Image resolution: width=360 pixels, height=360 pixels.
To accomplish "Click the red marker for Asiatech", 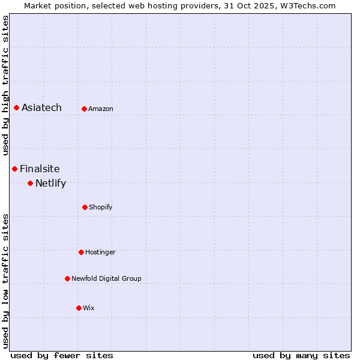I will pos(16,107).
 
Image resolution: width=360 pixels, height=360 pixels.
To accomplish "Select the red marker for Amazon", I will pos(84,109).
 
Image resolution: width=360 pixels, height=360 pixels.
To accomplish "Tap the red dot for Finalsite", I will pos(14,169).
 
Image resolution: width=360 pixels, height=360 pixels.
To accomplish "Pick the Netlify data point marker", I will pos(30,183).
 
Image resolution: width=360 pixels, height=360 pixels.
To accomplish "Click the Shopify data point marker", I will pos(85,207).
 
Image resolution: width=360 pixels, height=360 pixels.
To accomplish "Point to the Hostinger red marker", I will pos(81,252).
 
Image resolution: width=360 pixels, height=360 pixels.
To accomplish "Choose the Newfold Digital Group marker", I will pos(67,278).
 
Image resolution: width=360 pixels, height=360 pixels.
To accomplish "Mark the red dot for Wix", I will pos(79,308).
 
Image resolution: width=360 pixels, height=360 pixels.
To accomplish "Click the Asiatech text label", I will pos(41,107).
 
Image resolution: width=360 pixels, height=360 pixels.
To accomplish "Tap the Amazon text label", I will pos(101,109).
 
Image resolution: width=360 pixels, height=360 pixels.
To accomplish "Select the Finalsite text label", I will pos(40,169).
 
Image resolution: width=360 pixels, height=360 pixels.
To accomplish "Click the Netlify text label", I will pos(50,183).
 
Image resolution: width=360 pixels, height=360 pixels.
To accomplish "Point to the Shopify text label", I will pos(101,207).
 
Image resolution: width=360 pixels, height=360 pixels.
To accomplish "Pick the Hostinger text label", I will pos(100,252).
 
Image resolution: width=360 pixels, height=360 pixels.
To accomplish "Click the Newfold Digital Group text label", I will pos(106,278).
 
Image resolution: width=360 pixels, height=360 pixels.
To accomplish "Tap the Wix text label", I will pos(89,308).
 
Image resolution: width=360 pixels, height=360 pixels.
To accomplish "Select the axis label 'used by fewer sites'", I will pos(62,355).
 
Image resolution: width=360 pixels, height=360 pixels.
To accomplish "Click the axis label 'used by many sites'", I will pos(301,355).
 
